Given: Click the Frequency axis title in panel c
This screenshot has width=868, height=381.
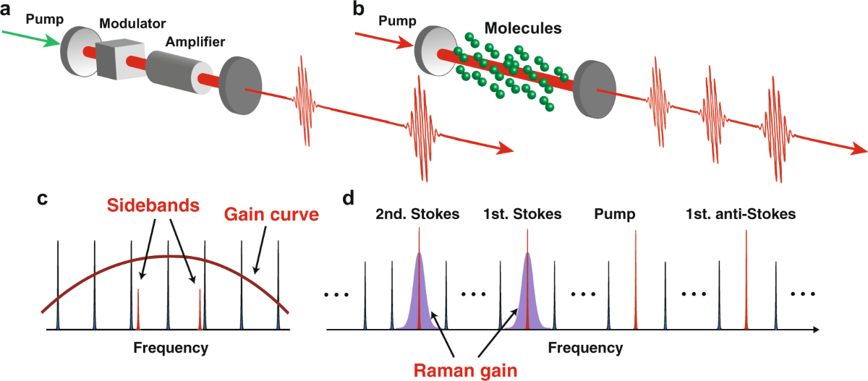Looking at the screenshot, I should tap(171, 348).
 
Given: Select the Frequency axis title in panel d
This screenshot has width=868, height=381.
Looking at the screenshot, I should tap(585, 348).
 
